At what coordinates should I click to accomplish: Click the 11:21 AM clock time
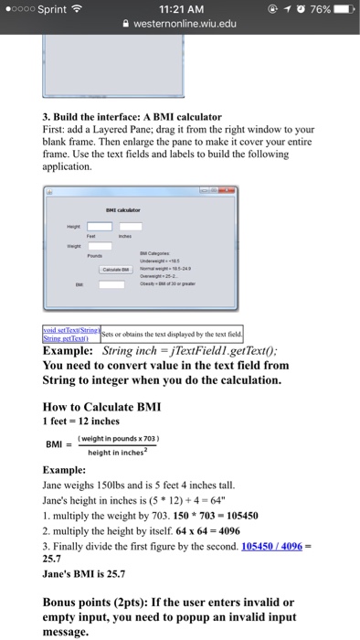tap(181, 9)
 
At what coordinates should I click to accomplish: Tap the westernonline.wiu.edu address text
tap(186, 27)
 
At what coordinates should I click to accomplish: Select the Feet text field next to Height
tap(99, 226)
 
